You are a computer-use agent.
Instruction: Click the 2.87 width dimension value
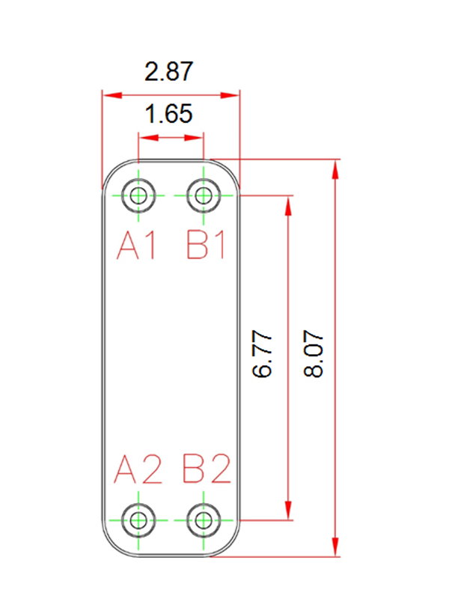click(x=169, y=71)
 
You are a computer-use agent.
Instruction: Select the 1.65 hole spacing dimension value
click(x=169, y=114)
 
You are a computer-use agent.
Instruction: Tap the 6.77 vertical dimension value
click(x=263, y=354)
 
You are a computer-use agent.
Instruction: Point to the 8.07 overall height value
click(x=314, y=354)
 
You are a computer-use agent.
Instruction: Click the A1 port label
click(x=137, y=246)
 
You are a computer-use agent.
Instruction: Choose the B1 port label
click(x=206, y=246)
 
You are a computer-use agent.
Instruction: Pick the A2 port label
click(x=138, y=469)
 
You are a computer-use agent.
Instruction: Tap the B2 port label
click(x=207, y=469)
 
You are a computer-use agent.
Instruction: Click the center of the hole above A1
click(x=138, y=195)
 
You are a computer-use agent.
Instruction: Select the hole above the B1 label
click(x=204, y=195)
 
